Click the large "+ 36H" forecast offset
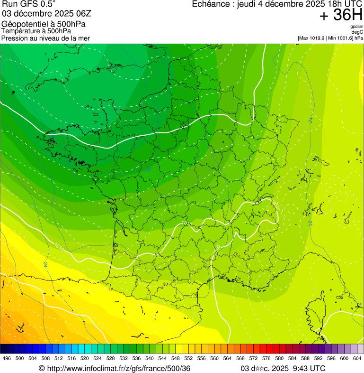coord(341,15)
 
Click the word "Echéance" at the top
coord(211,4)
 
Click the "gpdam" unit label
coord(356,27)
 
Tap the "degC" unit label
coord(358,32)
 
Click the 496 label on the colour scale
coord(6,358)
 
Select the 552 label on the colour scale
coord(188,358)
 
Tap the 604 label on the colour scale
coord(357,358)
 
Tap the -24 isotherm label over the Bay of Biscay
coord(45,264)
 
